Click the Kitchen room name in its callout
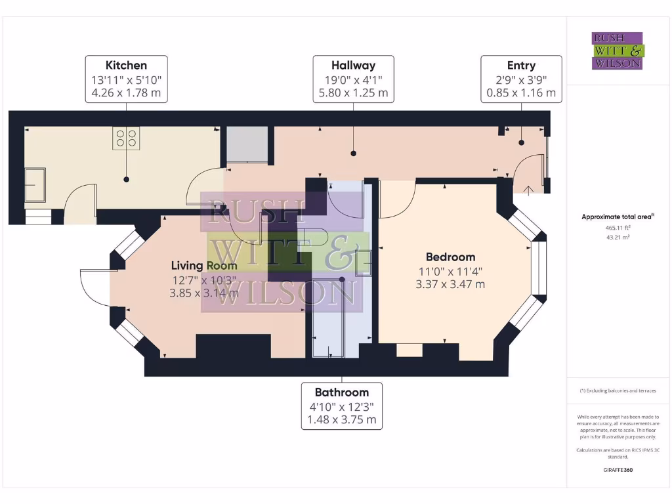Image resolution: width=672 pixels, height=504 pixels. coord(126,65)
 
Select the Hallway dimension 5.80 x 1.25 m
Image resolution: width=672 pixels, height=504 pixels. coord(353,93)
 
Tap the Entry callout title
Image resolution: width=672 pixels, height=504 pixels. coord(521,65)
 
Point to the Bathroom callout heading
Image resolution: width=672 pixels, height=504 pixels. coord(341,392)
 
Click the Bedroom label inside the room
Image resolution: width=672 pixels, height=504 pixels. coord(450,257)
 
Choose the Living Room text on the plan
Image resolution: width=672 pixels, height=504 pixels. coord(204,265)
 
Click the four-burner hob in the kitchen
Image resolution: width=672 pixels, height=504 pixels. coord(126,138)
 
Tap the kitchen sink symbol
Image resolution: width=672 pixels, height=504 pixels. coord(35,184)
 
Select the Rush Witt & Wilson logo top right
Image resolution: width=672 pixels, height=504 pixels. coord(618,51)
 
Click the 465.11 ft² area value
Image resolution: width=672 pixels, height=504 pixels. coord(617,227)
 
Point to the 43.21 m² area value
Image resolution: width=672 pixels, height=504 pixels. coord(617,237)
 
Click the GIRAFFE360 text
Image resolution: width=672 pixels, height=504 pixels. coord(618,470)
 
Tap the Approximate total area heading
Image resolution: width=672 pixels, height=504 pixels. coord(617,217)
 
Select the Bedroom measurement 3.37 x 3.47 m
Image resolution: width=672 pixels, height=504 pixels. coord(450,284)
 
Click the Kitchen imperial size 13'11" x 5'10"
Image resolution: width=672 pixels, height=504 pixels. coord(126,79)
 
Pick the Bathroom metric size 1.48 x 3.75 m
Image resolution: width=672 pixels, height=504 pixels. coord(341,420)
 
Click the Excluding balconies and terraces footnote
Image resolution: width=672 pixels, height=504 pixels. coord(618,390)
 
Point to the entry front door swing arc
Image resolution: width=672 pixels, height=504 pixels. coord(528,173)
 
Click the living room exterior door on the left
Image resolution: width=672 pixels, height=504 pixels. coord(93,288)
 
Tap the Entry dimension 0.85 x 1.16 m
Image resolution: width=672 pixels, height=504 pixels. coord(521,93)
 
